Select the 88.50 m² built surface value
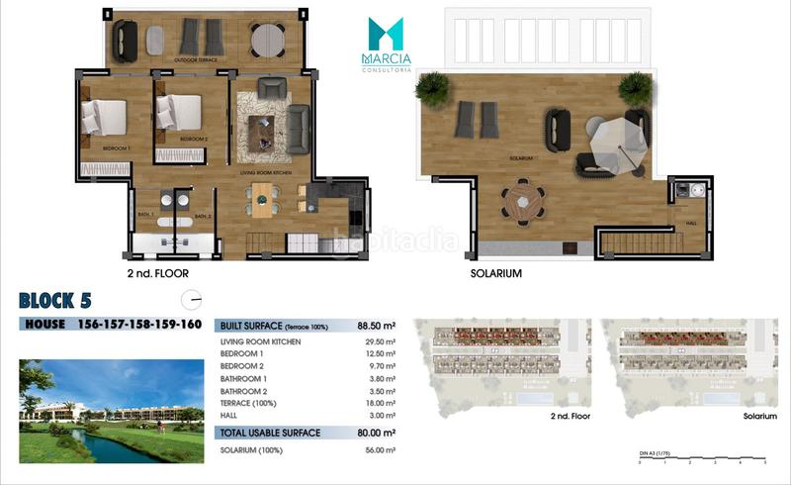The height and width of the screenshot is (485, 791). (375, 325)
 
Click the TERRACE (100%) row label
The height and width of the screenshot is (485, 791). (247, 403)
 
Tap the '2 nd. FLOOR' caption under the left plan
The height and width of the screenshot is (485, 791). (157, 272)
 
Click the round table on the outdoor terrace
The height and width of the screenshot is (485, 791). (267, 40)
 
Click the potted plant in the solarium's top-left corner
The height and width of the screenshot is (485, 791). (432, 89)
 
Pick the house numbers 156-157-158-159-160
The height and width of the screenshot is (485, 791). (139, 325)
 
